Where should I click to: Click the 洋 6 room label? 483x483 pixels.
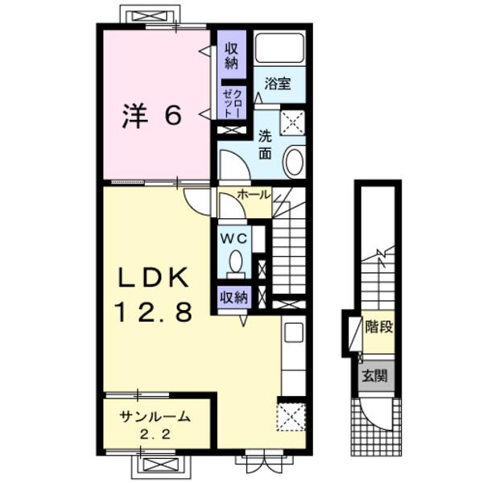coord(152,117)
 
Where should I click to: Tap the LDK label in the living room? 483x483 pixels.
coord(153,278)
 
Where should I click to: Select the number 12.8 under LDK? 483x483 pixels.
coord(153,312)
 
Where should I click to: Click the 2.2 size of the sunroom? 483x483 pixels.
coord(155,435)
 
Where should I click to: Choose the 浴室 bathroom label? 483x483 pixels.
coord(278,83)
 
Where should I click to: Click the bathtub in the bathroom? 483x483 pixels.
coord(279,47)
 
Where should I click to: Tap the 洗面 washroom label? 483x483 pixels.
coord(265,145)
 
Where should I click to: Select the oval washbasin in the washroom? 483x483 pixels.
coord(294,163)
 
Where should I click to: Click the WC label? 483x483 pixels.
coord(234,238)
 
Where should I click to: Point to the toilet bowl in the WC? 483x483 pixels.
coord(236,262)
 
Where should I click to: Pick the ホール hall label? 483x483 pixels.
coord(254,194)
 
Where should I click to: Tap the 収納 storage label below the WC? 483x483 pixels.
coord(233,298)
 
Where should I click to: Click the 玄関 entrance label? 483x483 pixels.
coord(374,376)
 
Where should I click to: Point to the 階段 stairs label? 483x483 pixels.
coord(379,327)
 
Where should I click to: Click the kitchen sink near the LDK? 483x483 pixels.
coord(294,332)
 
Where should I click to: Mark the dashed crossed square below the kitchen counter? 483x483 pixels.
coord(291,417)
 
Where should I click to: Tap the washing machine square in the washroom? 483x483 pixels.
coord(293,122)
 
